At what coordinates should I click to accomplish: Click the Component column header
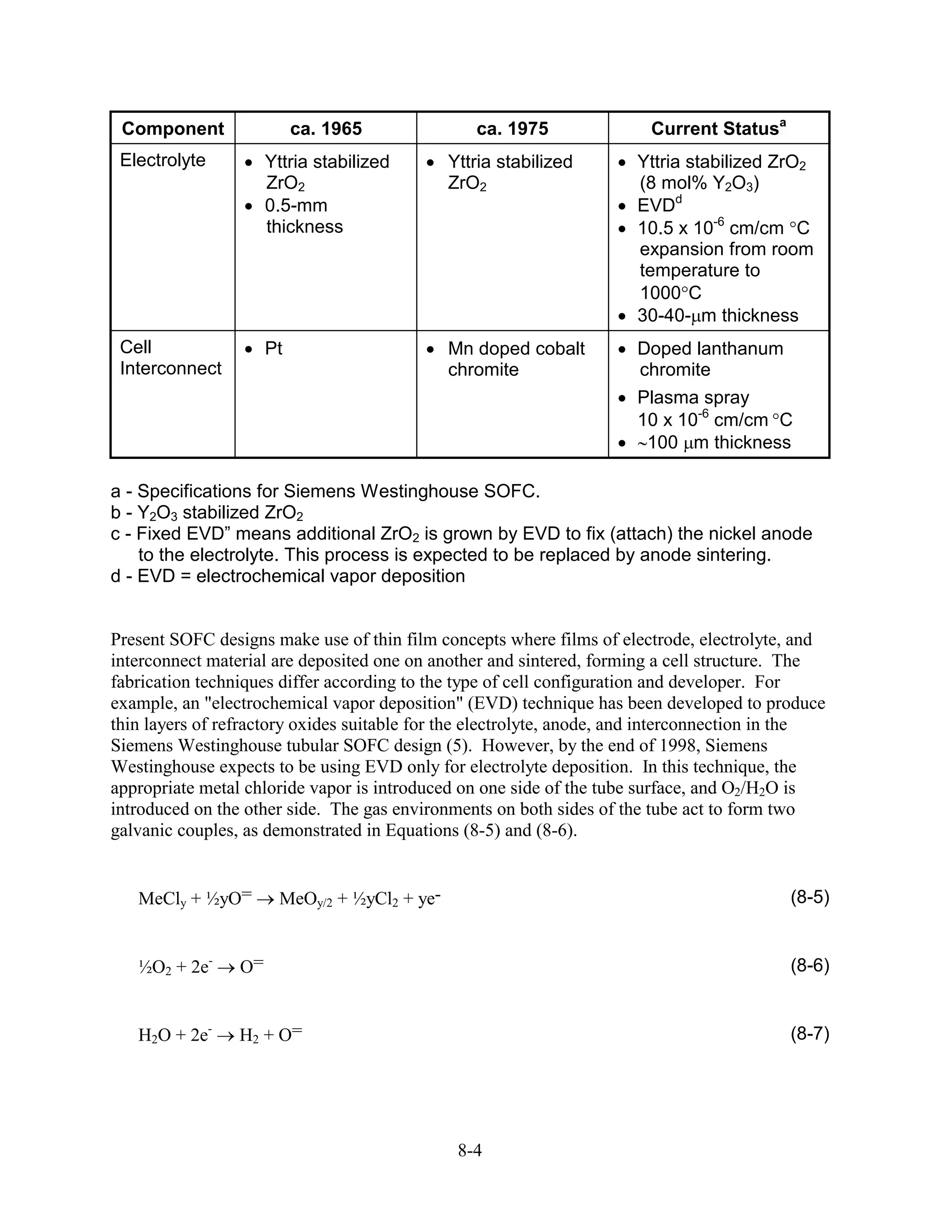pos(173,128)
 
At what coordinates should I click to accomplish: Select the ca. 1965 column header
pos(326,128)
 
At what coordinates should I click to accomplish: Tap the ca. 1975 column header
pos(512,128)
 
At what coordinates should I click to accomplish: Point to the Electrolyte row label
pos(162,160)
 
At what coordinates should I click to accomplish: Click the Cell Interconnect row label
pos(170,357)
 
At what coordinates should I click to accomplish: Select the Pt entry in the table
pos(274,349)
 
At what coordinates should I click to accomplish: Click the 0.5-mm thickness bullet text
pos(303,216)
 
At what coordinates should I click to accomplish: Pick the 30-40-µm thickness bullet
pos(717,316)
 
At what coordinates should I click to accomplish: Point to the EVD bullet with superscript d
pos(659,205)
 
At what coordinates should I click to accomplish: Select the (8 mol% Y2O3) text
pos(699,183)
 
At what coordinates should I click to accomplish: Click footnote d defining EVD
pos(287,576)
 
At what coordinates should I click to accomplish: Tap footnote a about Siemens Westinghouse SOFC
pos(325,491)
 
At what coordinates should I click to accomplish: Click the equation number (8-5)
pos(810,897)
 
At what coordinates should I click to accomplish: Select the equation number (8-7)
pos(810,1034)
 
